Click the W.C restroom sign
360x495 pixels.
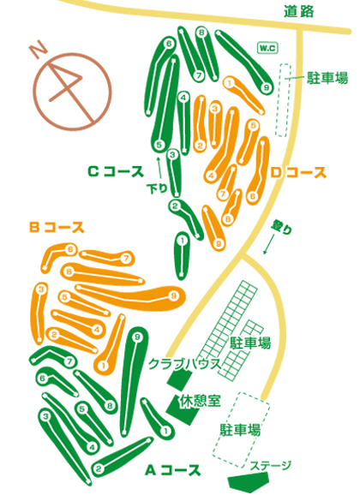click(x=267, y=48)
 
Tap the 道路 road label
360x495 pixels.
click(x=298, y=12)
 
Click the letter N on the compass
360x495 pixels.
click(x=39, y=50)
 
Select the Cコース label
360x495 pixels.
click(x=116, y=172)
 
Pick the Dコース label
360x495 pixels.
click(x=298, y=173)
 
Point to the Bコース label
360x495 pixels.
click(x=57, y=227)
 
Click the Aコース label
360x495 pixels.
click(x=173, y=470)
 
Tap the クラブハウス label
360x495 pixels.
click(x=184, y=364)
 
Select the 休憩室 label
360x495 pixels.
click(x=200, y=401)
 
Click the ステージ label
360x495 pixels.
click(x=270, y=466)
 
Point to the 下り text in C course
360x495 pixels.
click(x=157, y=188)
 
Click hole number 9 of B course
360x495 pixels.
click(x=173, y=295)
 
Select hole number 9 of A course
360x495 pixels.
click(x=137, y=337)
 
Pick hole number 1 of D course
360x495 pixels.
click(x=229, y=83)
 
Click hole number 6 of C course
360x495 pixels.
click(x=170, y=44)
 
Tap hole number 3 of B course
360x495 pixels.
click(x=41, y=289)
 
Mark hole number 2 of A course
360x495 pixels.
click(x=99, y=468)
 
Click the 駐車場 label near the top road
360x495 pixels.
click(x=327, y=78)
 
